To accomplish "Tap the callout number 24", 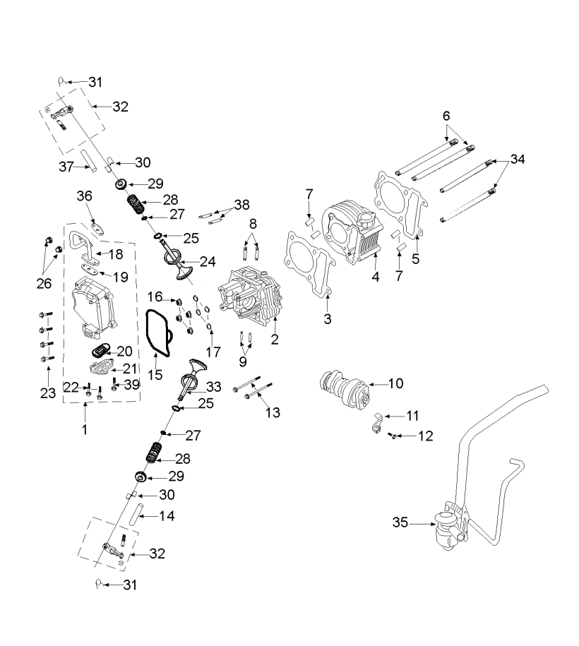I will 208,261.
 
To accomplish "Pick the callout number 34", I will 518,159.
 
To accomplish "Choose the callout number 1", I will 84,429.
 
